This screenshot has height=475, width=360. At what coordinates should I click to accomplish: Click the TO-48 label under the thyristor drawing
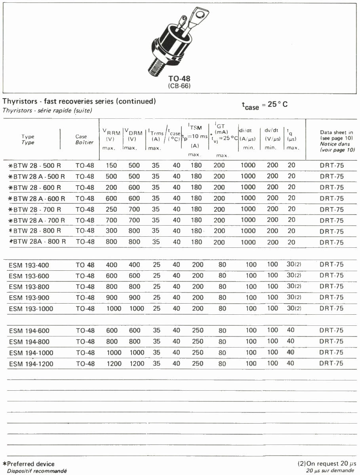click(x=179, y=79)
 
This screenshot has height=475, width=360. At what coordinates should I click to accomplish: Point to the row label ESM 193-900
click(x=29, y=298)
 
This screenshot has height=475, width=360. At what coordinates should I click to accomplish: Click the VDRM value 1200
click(x=137, y=363)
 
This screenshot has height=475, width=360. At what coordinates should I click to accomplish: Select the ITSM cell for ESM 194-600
click(x=197, y=331)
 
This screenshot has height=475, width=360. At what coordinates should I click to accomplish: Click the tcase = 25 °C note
click(x=265, y=105)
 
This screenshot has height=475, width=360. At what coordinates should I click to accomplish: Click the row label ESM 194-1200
click(x=31, y=364)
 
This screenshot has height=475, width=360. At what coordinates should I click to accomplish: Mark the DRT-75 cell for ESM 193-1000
click(x=331, y=308)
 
